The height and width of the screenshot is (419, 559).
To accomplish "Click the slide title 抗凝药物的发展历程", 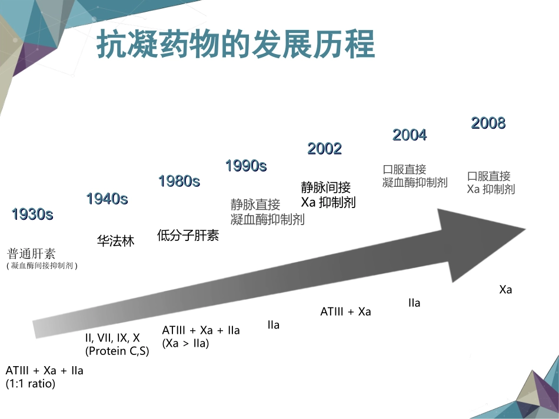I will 235,44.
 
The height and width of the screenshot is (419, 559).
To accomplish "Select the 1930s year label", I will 32,214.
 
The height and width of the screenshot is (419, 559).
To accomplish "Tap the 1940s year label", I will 107,199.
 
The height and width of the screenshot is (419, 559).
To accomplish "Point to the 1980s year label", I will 179,181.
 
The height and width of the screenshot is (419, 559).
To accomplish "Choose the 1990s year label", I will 246,166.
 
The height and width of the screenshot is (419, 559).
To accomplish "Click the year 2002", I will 324,149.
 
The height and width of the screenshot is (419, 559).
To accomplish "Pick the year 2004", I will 410,135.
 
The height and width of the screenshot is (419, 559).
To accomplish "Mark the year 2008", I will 488,123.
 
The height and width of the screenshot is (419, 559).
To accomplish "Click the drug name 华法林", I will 116,241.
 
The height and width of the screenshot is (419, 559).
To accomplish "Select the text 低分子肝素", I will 188,236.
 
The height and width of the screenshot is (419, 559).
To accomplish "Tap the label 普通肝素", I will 31,254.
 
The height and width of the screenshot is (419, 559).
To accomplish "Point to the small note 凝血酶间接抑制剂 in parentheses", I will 42,266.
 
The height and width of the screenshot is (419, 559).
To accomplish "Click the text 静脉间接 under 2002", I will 326,187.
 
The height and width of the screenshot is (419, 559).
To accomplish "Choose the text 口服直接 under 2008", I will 489,176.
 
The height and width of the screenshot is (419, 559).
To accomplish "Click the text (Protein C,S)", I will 117,351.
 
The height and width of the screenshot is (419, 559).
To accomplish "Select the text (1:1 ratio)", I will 30,384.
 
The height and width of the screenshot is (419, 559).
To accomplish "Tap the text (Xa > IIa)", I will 185,343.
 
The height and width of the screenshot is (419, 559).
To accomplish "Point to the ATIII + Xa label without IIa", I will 346,311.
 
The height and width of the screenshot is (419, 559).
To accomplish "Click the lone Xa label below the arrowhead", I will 505,290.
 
